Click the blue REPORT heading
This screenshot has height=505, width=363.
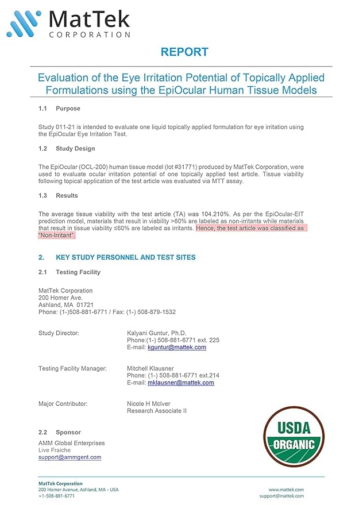tap(184, 52)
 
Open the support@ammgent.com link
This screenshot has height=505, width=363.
tap(69, 457)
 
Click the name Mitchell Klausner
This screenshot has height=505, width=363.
tap(150, 368)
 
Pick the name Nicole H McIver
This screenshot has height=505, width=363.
tap(148, 404)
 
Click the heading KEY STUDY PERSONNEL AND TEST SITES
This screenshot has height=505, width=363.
tap(125, 257)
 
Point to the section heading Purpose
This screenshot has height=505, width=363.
tap(68, 109)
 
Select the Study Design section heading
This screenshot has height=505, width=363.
tap(75, 149)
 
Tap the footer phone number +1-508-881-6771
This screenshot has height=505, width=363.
tap(56, 496)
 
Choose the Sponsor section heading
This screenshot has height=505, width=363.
tap(68, 432)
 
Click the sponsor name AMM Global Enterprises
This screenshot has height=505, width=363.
tap(71, 444)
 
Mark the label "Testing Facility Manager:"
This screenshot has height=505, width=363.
tap(72, 368)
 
